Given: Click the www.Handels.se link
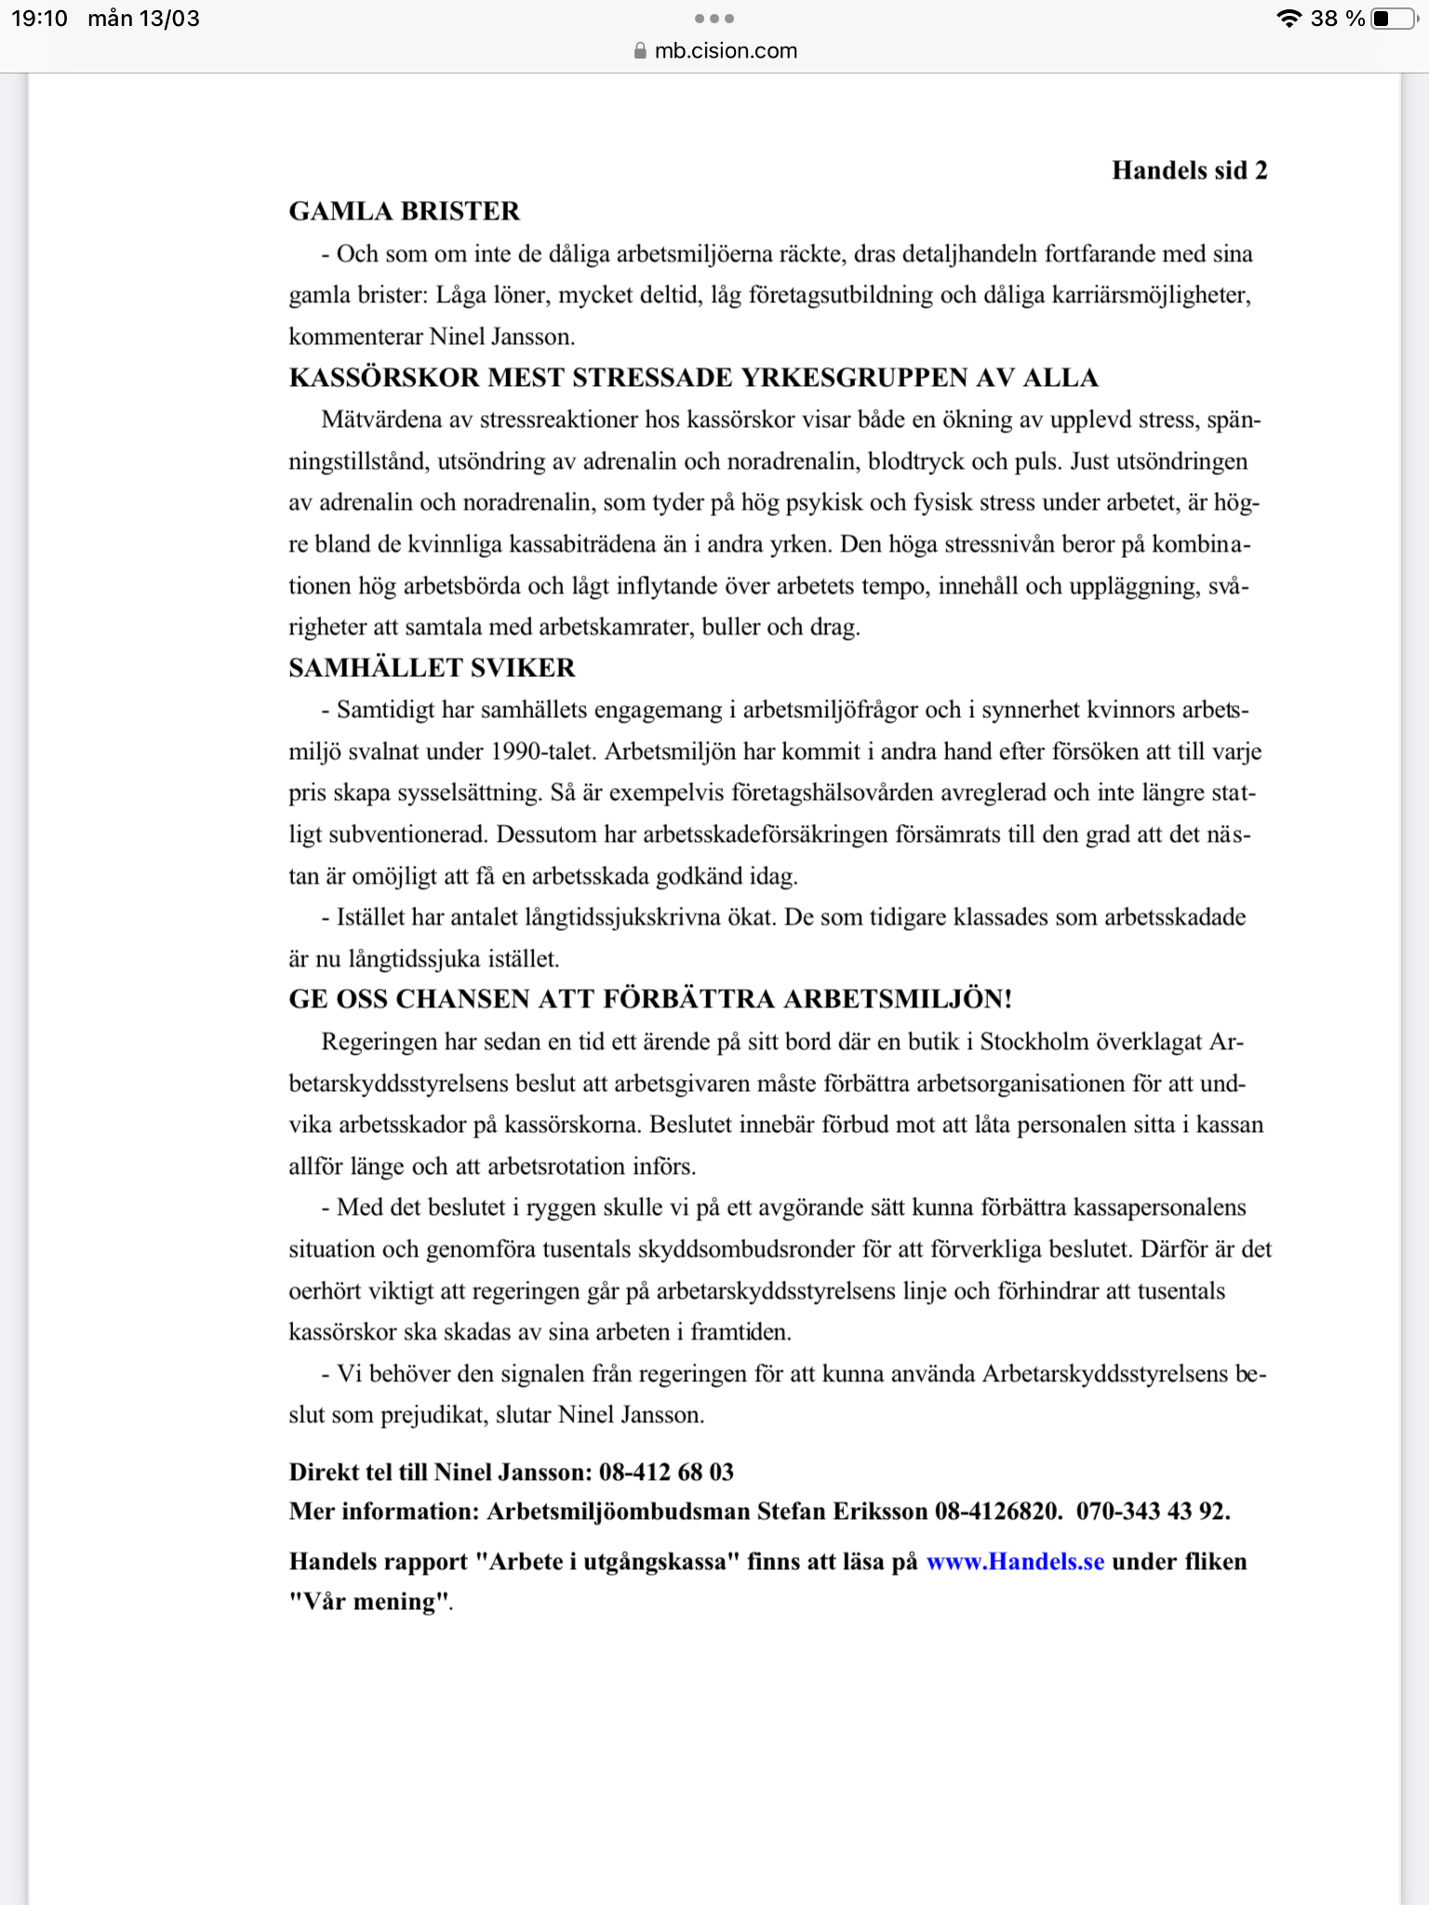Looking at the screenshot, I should click(1015, 1562).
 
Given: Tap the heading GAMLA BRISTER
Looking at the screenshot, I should click(404, 211).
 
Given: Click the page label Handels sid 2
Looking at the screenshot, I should click(1189, 170).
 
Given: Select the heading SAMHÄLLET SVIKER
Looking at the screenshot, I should click(432, 668).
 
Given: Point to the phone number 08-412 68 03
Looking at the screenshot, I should click(666, 1472).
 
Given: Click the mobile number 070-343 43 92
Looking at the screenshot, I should click(1153, 1511).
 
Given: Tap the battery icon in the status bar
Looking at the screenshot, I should click(1392, 19).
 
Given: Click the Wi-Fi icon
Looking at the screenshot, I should click(1289, 19).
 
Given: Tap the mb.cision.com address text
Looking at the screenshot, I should click(726, 51).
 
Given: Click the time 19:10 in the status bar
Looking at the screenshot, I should click(39, 19).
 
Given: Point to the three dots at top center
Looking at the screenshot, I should click(714, 19).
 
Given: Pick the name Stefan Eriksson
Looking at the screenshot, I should click(842, 1511).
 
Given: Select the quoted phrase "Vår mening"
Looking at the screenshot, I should click(368, 1602).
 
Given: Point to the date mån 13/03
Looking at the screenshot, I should click(143, 19).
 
